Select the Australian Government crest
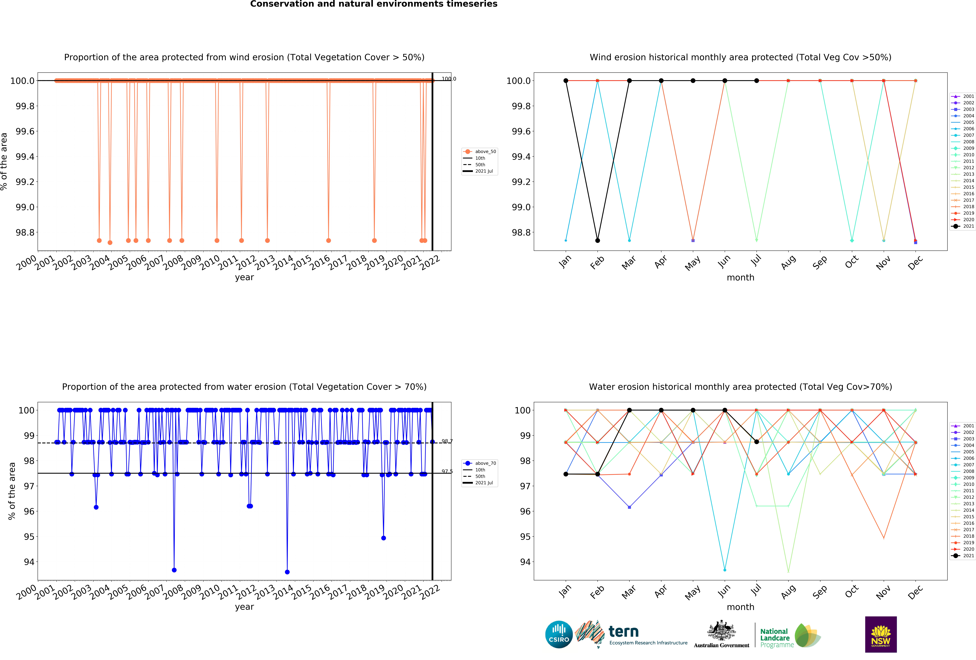721,630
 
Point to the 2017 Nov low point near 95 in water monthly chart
884,538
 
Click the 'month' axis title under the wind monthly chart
740,278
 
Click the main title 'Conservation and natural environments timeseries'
374,4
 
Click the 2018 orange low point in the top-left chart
374,240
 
